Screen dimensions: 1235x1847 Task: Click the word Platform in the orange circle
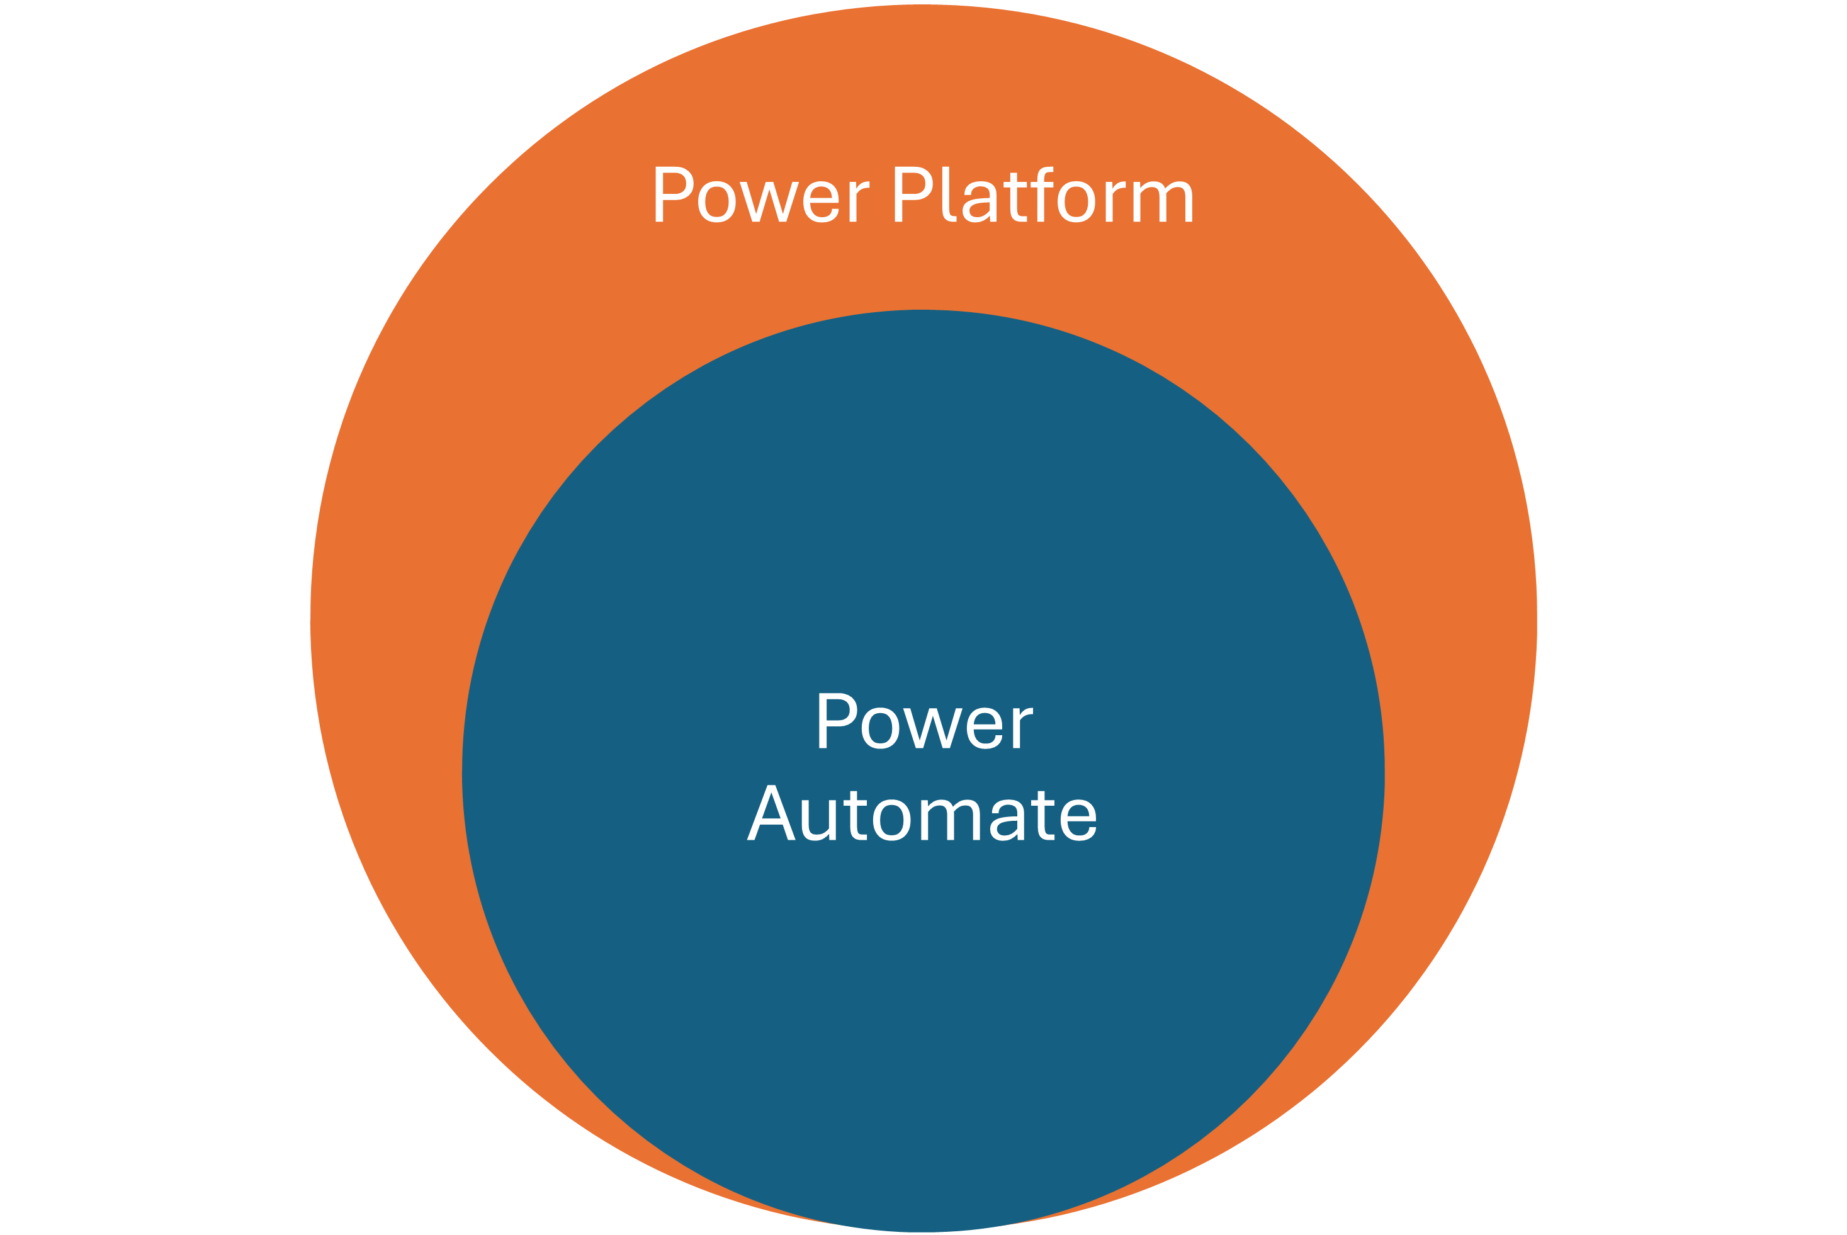[x=1044, y=195]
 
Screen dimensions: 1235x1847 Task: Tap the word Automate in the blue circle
[x=922, y=815]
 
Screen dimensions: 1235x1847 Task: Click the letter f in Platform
[x=1041, y=195]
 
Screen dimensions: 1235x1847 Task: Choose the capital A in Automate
[x=771, y=815]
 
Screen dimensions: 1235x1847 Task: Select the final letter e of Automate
[x=1076, y=819]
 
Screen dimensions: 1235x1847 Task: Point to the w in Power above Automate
[x=932, y=728]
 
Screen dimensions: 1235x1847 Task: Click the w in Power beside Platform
[x=769, y=201]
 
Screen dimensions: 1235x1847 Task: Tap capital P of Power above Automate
[x=835, y=721]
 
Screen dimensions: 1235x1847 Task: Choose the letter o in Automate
[x=891, y=819]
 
